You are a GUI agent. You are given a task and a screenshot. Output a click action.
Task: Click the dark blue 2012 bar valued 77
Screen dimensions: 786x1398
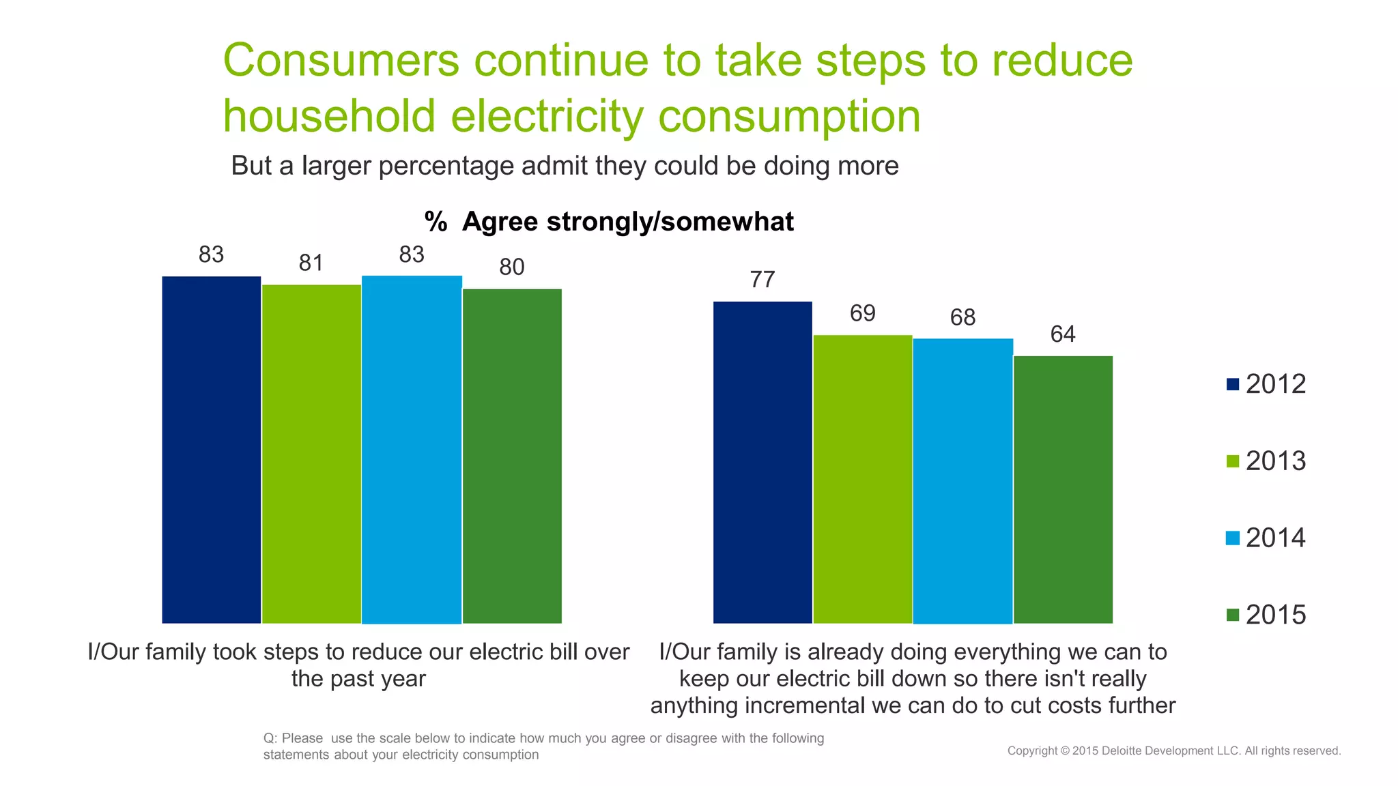coord(762,462)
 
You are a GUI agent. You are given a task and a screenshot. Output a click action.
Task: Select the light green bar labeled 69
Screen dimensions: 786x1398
coord(862,479)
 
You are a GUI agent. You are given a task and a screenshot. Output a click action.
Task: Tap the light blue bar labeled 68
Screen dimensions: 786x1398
coord(962,481)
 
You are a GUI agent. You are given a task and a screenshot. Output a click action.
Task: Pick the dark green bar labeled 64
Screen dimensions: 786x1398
coord(1063,489)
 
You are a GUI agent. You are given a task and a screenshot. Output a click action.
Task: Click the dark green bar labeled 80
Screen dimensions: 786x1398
coord(512,456)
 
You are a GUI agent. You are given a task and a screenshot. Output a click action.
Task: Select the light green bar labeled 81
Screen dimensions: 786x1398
coord(311,454)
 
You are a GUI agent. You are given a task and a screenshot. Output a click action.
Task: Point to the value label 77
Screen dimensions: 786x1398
coord(762,280)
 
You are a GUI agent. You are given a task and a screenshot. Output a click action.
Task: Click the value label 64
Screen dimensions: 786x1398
coord(1063,334)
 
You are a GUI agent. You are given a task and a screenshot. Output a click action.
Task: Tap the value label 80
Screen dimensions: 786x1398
coord(512,267)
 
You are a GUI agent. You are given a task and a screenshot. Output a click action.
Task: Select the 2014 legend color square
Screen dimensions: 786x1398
coord(1233,538)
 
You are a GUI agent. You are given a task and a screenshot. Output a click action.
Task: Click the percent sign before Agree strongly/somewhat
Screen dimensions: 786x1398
coord(436,222)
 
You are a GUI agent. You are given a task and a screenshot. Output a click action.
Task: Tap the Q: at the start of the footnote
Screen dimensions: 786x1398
coord(270,738)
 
